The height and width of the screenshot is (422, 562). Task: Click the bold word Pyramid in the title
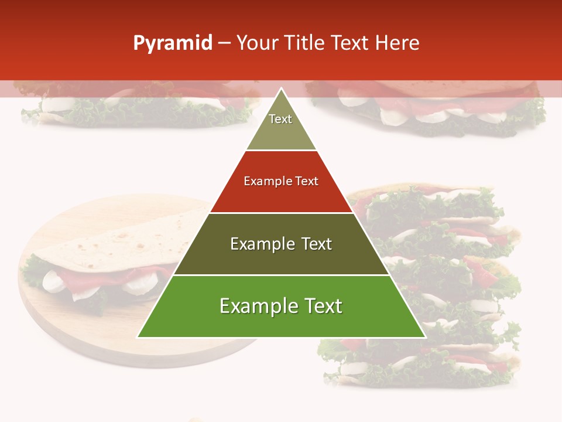(x=172, y=43)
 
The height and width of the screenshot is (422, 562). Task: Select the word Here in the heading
(x=397, y=43)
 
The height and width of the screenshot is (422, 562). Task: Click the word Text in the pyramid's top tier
(x=280, y=119)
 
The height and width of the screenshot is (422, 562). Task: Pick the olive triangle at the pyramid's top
(x=281, y=135)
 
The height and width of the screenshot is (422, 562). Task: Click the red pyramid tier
(x=281, y=196)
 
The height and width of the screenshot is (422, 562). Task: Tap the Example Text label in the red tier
(x=281, y=181)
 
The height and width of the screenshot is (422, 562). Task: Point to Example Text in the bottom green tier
(x=281, y=306)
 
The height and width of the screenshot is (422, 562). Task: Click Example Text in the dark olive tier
(x=281, y=244)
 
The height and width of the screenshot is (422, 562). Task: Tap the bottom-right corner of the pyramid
(x=424, y=336)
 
